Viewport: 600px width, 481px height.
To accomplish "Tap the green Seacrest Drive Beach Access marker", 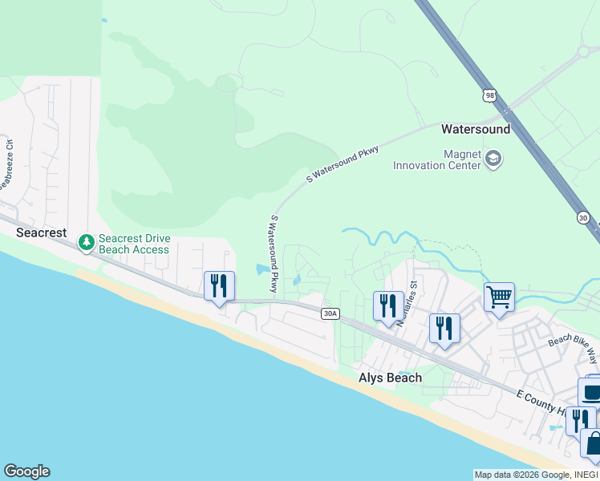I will point(86,241).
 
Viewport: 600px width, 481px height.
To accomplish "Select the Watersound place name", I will point(476,129).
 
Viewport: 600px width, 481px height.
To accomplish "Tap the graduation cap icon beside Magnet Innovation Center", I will point(493,159).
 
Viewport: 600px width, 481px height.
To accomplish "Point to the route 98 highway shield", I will point(490,95).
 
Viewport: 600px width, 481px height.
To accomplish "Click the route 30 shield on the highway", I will point(582,217).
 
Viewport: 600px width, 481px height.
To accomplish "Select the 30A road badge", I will point(330,313).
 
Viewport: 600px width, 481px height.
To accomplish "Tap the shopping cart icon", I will point(499,298).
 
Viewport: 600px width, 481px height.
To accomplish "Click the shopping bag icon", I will point(594,443).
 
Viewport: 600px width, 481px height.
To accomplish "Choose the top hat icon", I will point(591,393).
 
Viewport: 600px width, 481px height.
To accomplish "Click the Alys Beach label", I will point(390,378).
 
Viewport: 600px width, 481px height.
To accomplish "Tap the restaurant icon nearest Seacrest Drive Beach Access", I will point(219,285).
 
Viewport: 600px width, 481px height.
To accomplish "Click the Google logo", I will point(26,471).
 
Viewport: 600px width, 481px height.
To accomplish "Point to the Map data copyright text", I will point(536,475).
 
